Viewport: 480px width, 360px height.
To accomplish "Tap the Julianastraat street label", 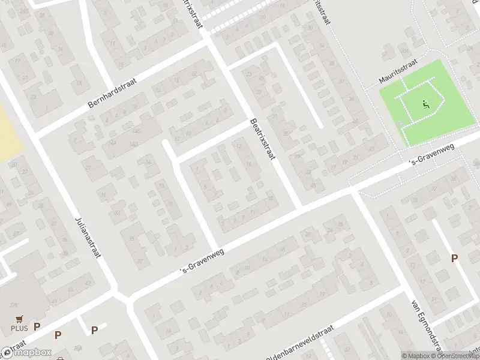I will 88,237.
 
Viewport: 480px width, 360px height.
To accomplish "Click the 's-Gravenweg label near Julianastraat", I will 202,263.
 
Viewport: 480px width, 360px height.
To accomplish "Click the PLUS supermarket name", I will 19,328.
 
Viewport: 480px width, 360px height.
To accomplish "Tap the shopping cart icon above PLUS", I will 19,319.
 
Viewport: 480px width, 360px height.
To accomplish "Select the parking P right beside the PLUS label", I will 37,327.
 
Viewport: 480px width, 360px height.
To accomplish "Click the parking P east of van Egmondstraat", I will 454,258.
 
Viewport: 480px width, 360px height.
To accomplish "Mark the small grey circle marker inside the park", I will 400,124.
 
